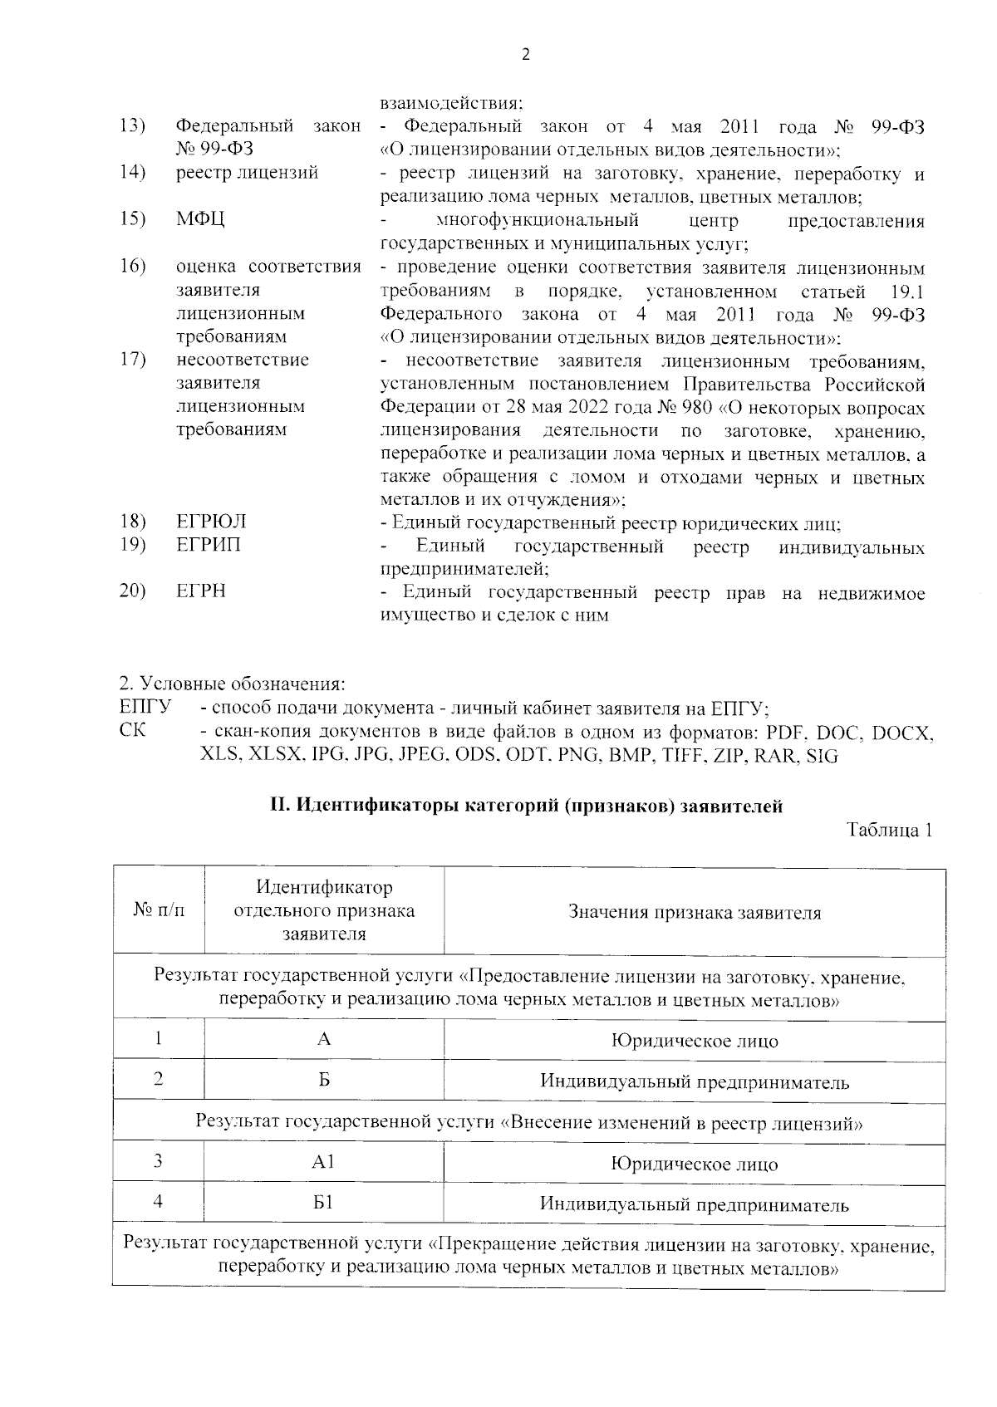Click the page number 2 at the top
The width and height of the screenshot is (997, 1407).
(x=523, y=56)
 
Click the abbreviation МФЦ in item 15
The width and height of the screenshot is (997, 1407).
(x=199, y=220)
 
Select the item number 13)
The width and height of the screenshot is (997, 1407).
(x=133, y=126)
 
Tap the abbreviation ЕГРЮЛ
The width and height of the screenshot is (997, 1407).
(x=211, y=522)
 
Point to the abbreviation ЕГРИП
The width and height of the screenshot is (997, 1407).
(x=209, y=546)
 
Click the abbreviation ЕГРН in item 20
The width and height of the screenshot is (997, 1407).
(x=201, y=591)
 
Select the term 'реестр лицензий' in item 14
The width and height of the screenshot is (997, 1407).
(x=247, y=174)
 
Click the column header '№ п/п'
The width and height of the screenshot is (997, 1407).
(x=159, y=911)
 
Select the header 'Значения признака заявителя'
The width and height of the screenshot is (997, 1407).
(x=695, y=913)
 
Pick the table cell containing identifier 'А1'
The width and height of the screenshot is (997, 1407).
(x=323, y=1162)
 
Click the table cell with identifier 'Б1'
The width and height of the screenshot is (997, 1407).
(x=323, y=1203)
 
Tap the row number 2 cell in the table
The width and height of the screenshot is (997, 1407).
(x=158, y=1079)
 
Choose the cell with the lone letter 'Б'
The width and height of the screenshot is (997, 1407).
(x=324, y=1080)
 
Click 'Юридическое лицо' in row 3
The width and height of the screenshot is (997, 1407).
(x=695, y=1164)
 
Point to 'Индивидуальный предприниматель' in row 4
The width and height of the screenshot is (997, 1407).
(x=695, y=1204)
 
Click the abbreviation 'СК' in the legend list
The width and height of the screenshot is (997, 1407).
(x=132, y=731)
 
